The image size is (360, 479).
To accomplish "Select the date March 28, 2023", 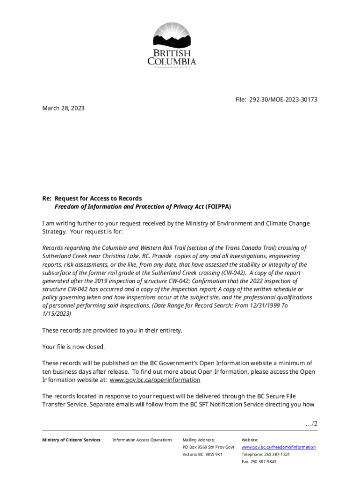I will (x=64, y=108).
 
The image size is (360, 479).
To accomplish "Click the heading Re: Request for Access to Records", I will (x=92, y=198).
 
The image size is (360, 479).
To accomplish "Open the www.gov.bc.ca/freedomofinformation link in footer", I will (x=278, y=447).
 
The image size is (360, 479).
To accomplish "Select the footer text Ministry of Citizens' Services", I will (x=71, y=440).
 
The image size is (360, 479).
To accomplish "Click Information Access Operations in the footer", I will (x=142, y=440).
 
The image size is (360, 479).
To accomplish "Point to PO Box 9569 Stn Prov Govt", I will (x=208, y=447).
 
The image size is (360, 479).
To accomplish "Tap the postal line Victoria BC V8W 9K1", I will (x=202, y=454).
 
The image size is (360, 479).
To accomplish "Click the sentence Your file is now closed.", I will (x=73, y=347).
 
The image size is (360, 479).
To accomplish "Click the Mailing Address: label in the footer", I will (x=198, y=440).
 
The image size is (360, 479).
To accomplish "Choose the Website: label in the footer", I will (x=250, y=440).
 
